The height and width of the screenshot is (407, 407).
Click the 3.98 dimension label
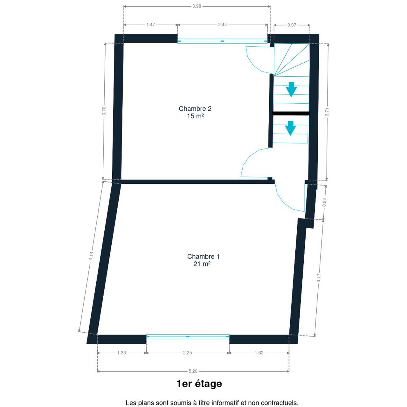(x=197, y=6)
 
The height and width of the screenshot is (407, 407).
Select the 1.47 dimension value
(x=151, y=25)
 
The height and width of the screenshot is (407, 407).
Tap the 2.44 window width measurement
(x=222, y=25)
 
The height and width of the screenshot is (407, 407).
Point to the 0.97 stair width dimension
(x=292, y=25)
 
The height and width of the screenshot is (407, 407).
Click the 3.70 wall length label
(x=104, y=111)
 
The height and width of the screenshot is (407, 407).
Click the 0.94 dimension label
(x=325, y=202)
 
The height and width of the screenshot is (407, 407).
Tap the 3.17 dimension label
(x=319, y=278)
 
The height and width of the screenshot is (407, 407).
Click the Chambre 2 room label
(x=195, y=108)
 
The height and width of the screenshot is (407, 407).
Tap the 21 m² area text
(x=202, y=264)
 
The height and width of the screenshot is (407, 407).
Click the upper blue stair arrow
(x=292, y=90)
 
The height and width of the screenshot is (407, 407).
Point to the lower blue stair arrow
(x=290, y=128)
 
